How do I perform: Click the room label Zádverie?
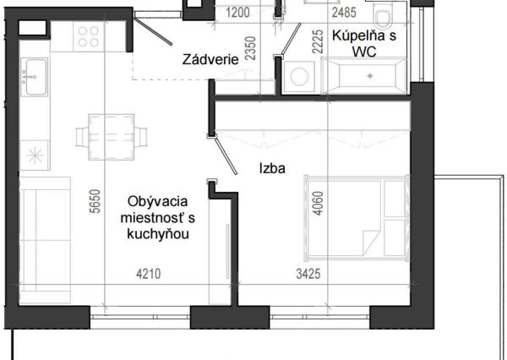[x=208, y=60]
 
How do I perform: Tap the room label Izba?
[x=272, y=168]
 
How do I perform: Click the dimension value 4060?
[x=318, y=201]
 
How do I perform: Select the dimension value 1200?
[x=239, y=12]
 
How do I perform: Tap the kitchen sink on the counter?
[x=35, y=77]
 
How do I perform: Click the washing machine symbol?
[x=299, y=76]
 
